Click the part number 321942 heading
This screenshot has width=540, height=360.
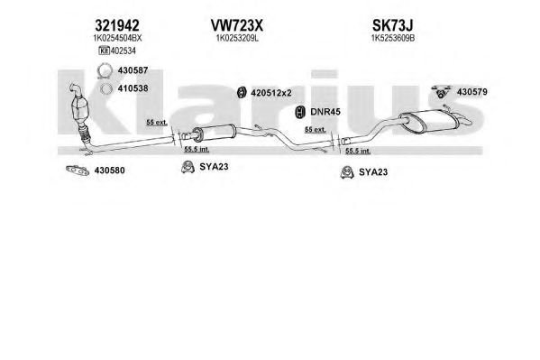pyautogui.click(x=117, y=25)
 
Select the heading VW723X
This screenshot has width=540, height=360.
pyautogui.click(x=236, y=25)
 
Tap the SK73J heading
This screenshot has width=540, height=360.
pyautogui.click(x=392, y=25)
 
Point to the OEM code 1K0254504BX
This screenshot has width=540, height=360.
pyautogui.click(x=117, y=38)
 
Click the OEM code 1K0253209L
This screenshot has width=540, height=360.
pyautogui.click(x=237, y=38)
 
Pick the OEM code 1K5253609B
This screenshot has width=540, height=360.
pyautogui.click(x=392, y=38)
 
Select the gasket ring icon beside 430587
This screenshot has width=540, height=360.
pyautogui.click(x=105, y=70)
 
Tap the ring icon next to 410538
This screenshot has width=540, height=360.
pyautogui.click(x=106, y=88)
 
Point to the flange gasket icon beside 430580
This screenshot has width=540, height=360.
pyautogui.click(x=78, y=170)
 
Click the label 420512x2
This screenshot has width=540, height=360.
pyautogui.click(x=271, y=93)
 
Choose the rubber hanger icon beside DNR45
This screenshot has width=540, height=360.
pyautogui.click(x=300, y=112)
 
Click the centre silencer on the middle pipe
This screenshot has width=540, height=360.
pyautogui.click(x=214, y=132)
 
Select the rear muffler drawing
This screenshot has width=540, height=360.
pyautogui.click(x=429, y=121)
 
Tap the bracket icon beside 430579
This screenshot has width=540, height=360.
pyautogui.click(x=442, y=91)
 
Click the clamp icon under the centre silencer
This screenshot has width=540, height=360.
pyautogui.click(x=188, y=167)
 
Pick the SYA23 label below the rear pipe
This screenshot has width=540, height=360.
pyautogui.click(x=373, y=172)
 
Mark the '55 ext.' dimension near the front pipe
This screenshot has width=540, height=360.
pyautogui.click(x=157, y=123)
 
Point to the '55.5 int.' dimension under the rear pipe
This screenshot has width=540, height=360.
pyautogui.click(x=358, y=151)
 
